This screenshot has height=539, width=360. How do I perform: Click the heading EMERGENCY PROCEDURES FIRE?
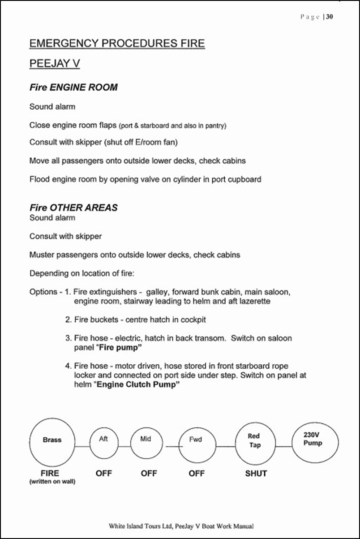117,43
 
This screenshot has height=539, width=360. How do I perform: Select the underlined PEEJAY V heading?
54,64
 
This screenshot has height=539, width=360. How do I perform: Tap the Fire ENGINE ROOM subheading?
73,87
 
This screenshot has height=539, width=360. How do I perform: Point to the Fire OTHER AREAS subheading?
73,208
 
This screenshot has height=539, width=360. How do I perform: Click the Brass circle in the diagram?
52,441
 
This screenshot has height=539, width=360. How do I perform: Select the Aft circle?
103,442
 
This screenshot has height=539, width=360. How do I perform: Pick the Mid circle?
146,442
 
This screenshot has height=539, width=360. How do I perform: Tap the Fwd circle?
197,444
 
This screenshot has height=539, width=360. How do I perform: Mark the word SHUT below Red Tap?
256,474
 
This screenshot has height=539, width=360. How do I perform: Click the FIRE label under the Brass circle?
50,473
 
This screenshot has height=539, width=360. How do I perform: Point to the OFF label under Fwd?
196,474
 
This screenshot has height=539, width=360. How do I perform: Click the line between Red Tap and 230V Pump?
283,447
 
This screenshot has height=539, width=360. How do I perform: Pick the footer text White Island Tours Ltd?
181,526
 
